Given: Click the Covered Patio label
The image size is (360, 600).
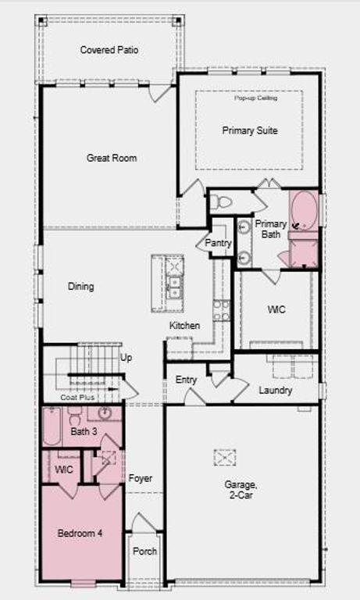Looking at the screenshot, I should click(x=109, y=50).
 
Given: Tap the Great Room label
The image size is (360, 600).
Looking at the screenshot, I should click(x=111, y=158).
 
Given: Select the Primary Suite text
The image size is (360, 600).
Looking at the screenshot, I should click(x=249, y=130).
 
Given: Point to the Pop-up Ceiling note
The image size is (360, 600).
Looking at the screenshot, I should click(x=249, y=98).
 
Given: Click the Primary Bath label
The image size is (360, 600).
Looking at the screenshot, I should click(x=270, y=228).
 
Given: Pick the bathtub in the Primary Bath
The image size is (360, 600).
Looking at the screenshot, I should click(x=303, y=209).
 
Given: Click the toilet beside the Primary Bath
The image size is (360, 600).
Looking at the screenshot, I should click(x=221, y=202).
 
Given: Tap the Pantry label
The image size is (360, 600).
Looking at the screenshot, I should click(x=218, y=243).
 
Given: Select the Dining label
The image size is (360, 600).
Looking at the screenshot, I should click(x=80, y=287).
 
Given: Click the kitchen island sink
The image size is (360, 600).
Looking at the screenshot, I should click(x=174, y=283).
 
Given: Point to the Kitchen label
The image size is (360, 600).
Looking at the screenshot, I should click(x=184, y=325).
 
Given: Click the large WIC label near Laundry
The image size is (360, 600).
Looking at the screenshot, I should click(x=276, y=309).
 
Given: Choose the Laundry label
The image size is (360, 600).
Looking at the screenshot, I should click(x=276, y=390).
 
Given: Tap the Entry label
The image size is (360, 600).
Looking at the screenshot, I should click(x=186, y=380).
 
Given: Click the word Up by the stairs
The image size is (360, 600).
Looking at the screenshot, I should click(x=126, y=358).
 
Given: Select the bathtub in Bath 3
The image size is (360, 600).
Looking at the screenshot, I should click(x=52, y=427).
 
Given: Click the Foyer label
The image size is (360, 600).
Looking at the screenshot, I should click(x=141, y=478).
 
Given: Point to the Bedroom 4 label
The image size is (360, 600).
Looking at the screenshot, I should click(x=80, y=534).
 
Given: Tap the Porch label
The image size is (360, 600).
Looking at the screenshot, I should click(x=144, y=551).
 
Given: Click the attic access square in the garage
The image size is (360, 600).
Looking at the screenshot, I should click(x=225, y=457).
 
